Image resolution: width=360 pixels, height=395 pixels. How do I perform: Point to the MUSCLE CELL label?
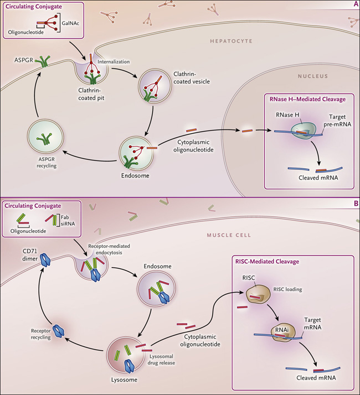pyautogui.click(x=229, y=235)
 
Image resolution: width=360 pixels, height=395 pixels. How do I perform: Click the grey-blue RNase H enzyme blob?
pyautogui.click(x=303, y=131)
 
